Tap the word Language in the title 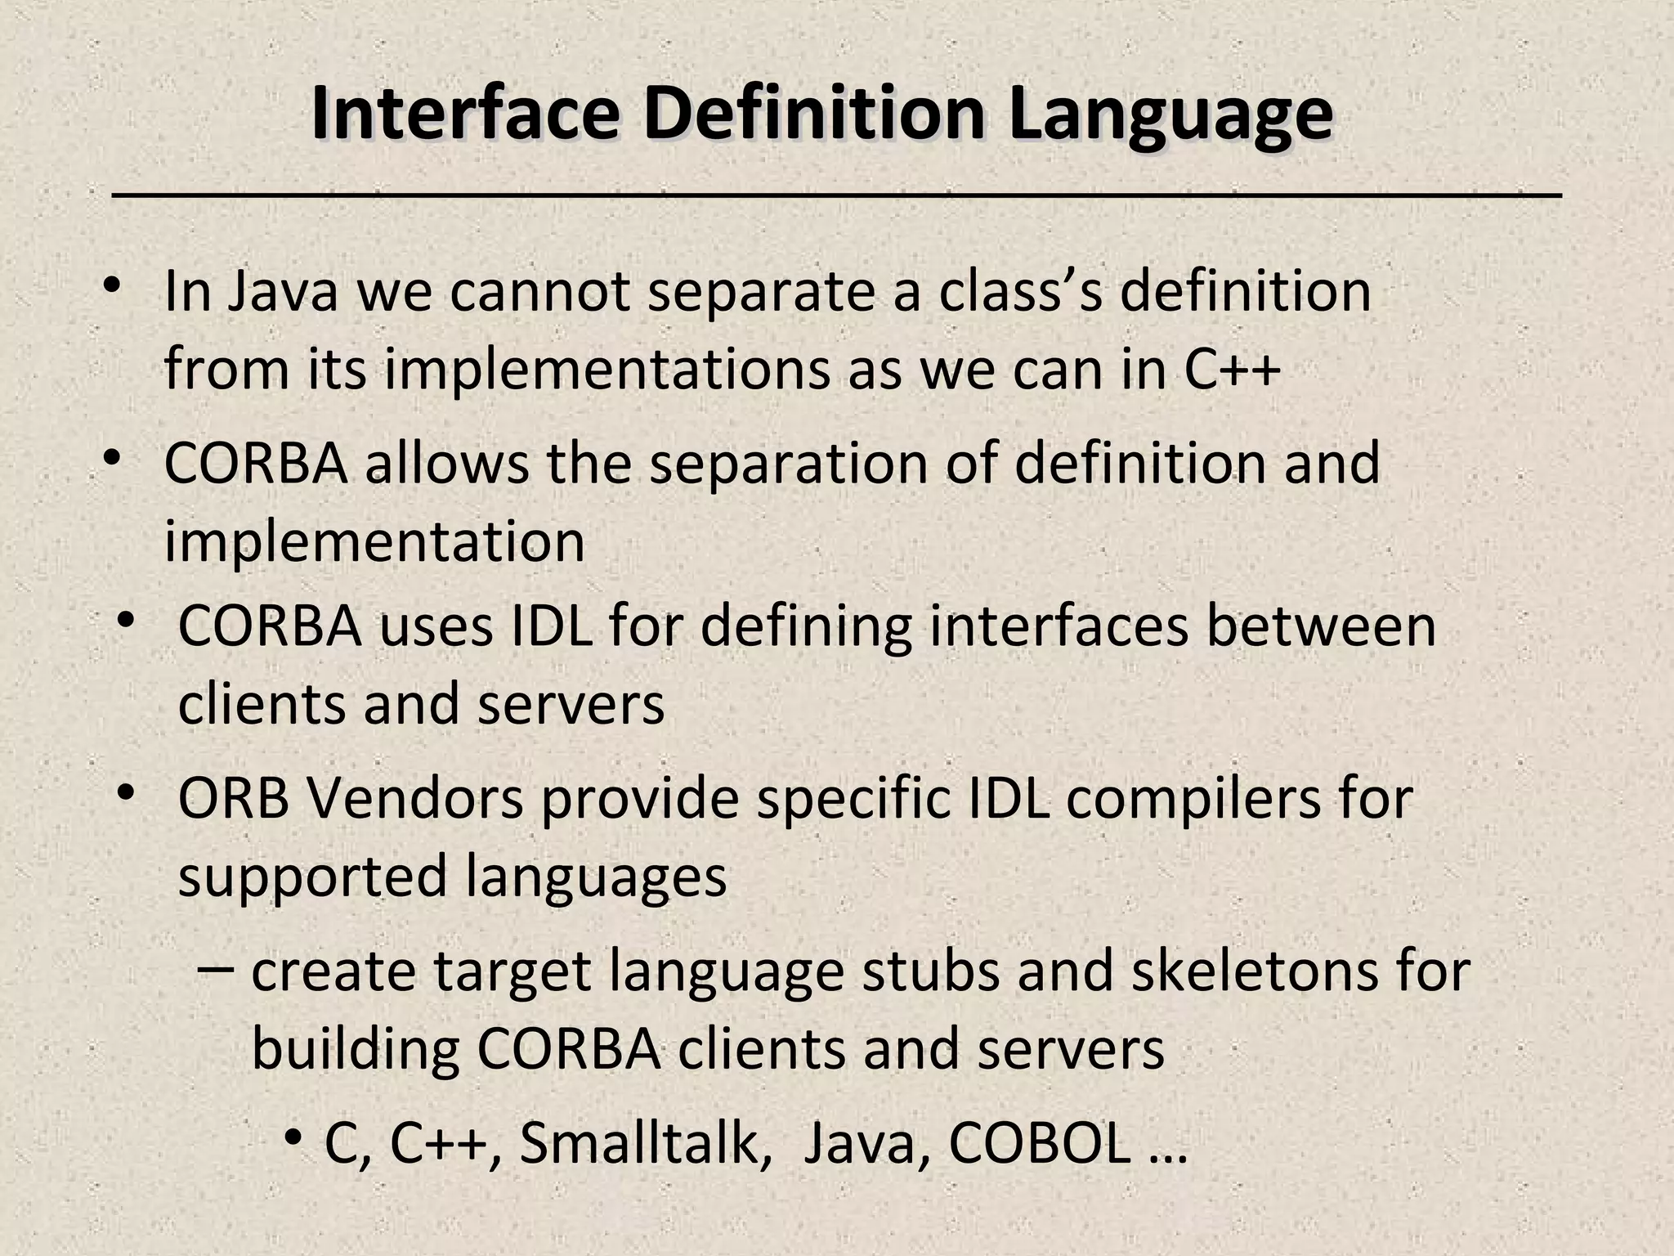[1170, 114]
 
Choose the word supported [311, 877]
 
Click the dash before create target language [217, 971]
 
